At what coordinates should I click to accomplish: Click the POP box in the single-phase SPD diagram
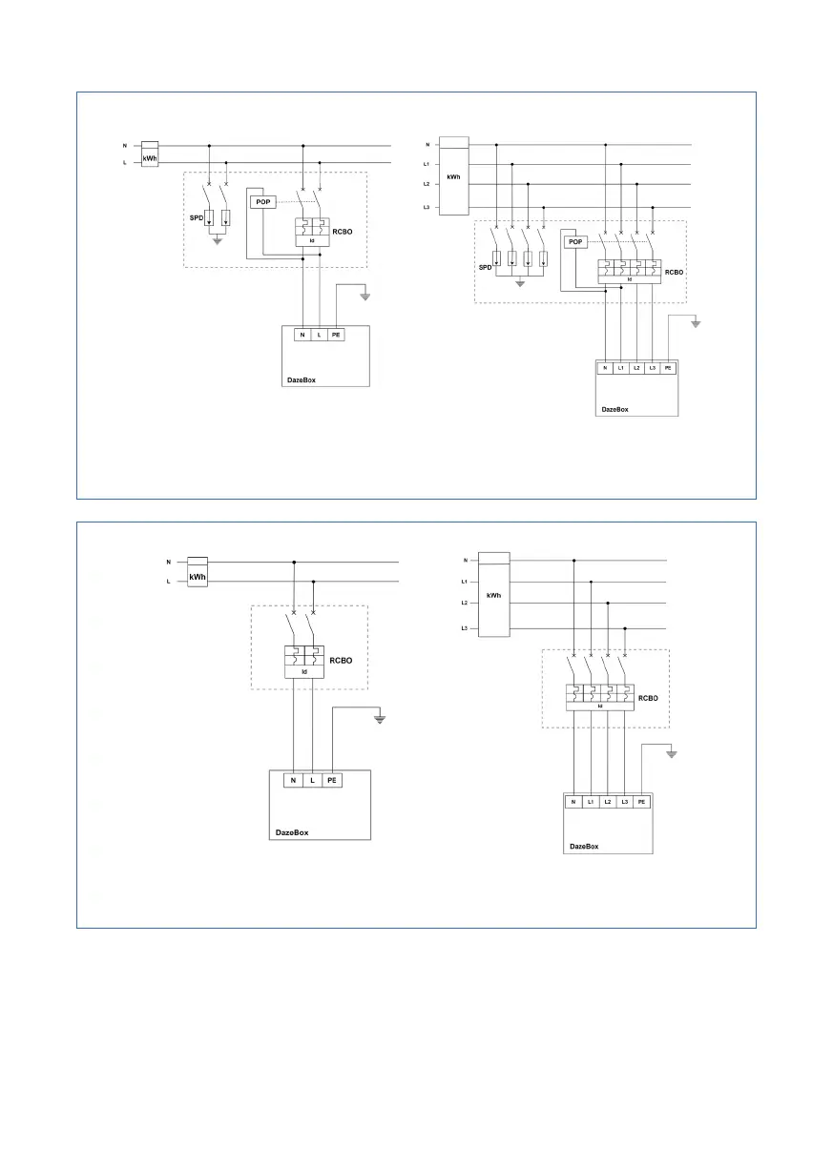(261, 202)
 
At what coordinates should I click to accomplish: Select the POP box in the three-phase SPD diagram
(574, 242)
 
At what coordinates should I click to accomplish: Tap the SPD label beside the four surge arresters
(484, 268)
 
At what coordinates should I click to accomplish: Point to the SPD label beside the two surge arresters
(196, 217)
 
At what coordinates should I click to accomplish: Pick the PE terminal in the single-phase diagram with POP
(335, 336)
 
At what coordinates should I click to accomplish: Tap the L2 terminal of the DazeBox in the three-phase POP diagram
(636, 368)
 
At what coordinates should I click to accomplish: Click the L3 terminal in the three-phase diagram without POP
(624, 802)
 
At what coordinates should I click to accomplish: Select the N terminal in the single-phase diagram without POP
(293, 780)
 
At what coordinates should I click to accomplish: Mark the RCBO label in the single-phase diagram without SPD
(342, 659)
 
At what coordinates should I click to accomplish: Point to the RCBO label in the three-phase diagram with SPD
(675, 272)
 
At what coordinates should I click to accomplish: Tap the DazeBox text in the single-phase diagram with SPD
(302, 379)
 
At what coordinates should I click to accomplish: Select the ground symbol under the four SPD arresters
(519, 283)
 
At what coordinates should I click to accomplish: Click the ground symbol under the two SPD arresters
(218, 241)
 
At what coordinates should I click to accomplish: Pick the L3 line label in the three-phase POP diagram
(427, 207)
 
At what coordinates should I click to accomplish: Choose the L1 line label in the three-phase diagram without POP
(464, 582)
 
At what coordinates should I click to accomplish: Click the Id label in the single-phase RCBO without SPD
(305, 672)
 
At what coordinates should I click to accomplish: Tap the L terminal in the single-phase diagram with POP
(318, 336)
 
